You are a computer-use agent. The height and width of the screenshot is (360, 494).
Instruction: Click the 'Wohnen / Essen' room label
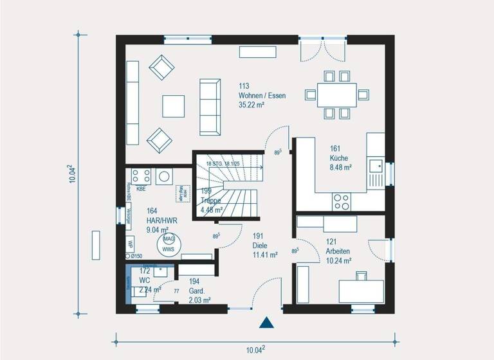pyautogui.click(x=262, y=95)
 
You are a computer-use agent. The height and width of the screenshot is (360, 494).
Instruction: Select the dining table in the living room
pyautogui.click(x=337, y=94)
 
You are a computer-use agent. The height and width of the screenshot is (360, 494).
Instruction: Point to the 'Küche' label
pyautogui.click(x=339, y=157)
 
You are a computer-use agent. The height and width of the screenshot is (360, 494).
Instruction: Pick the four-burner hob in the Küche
pyautogui.click(x=340, y=201)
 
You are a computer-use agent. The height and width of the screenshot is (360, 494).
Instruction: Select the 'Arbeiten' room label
pyautogui.click(x=338, y=251)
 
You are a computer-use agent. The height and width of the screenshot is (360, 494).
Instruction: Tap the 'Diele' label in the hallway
pyautogui.click(x=260, y=246)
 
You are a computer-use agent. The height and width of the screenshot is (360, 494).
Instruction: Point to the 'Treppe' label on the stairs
pyautogui.click(x=211, y=201)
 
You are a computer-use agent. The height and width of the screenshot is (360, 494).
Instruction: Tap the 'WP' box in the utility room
pyautogui.click(x=130, y=244)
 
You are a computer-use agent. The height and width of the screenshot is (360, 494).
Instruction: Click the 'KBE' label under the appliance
pyautogui.click(x=141, y=190)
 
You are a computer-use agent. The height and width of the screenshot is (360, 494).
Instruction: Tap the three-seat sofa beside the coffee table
pyautogui.click(x=210, y=107)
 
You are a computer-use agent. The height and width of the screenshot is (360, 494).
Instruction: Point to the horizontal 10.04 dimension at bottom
pyautogui.click(x=255, y=350)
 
